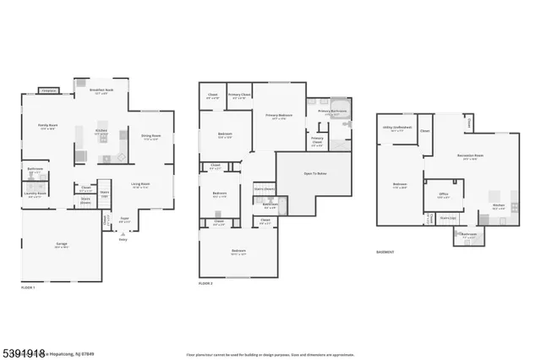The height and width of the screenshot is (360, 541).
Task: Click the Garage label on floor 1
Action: (x=62, y=243)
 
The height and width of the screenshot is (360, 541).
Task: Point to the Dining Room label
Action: (x=150, y=139)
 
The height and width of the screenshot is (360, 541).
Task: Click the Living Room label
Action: (x=140, y=183)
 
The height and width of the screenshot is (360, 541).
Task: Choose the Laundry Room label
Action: (x=36, y=193)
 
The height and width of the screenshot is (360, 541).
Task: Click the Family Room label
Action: (x=46, y=126)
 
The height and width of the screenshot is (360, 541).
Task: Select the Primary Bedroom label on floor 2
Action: (x=279, y=115)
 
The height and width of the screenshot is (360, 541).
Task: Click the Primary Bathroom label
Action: (x=329, y=111)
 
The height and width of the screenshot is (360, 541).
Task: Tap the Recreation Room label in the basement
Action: (x=471, y=156)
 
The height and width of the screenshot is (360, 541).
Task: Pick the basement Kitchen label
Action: (x=498, y=205)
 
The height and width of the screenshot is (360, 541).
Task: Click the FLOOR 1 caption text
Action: (x=29, y=287)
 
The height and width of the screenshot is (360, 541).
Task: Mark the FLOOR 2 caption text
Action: (x=205, y=283)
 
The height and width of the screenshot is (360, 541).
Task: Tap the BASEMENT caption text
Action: (x=385, y=251)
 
